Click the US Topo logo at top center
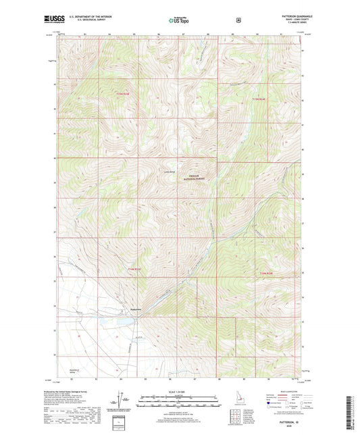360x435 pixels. (x=179, y=20)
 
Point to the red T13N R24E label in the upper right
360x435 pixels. (x=260, y=100)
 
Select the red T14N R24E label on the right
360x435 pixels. (x=267, y=273)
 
